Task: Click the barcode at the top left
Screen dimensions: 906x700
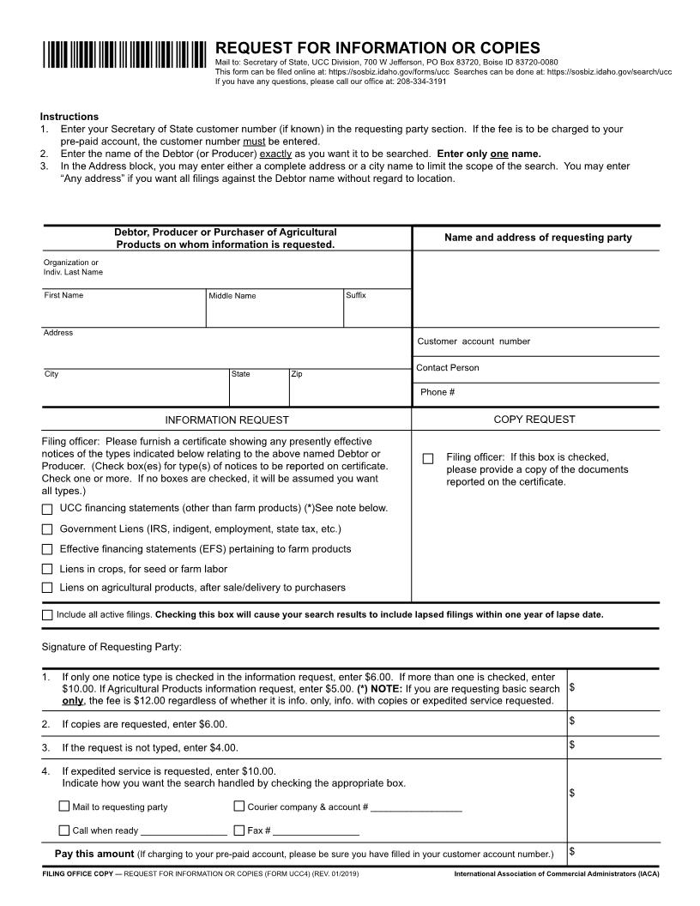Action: point(124,54)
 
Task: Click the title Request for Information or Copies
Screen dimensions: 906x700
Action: point(377,47)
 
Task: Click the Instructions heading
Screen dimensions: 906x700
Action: point(69,117)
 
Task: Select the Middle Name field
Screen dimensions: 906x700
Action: point(274,311)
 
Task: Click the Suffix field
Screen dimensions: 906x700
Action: point(376,311)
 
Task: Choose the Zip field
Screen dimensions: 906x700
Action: point(348,390)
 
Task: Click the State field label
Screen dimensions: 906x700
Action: point(241,374)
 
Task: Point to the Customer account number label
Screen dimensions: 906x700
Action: point(474,341)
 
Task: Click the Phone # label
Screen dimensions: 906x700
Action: point(437,392)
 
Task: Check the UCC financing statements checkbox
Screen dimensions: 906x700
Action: point(47,510)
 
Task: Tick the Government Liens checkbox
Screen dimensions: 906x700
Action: point(47,529)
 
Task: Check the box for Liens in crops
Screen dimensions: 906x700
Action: point(47,569)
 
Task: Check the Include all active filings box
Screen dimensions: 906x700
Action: point(47,615)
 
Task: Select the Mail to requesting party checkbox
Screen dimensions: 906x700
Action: point(64,806)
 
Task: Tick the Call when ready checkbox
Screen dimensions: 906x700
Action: point(64,830)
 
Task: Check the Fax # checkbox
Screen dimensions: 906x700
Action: point(239,830)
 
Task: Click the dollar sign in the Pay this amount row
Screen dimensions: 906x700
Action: point(572,851)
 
